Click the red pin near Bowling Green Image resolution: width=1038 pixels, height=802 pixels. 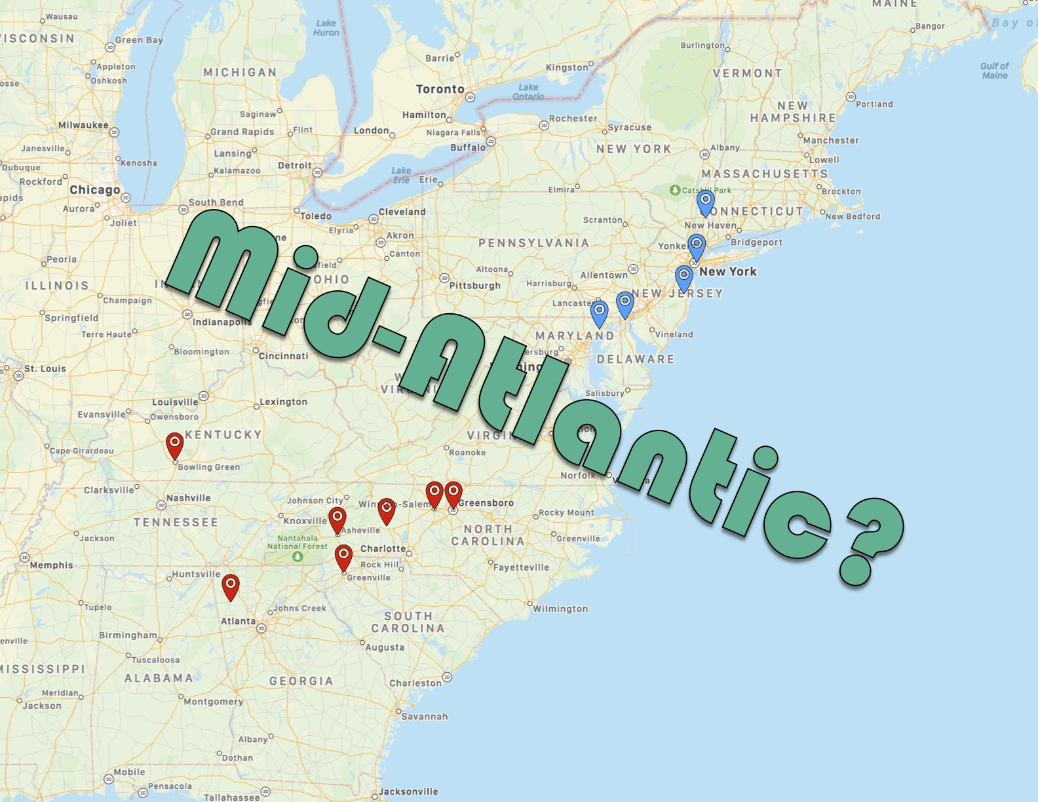[174, 444]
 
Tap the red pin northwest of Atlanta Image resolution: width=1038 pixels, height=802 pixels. [231, 585]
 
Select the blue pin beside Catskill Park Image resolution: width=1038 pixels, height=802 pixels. [705, 202]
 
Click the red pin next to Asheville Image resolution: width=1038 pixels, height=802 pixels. [337, 518]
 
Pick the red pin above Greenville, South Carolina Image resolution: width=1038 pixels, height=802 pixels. [343, 556]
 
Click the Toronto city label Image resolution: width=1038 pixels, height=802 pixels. [440, 89]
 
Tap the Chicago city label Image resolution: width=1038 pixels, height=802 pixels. [95, 190]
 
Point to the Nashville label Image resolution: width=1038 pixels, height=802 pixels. [189, 498]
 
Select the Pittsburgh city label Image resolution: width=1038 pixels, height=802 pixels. [474, 286]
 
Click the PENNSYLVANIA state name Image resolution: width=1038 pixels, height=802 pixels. [533, 243]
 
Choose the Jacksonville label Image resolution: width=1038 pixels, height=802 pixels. [408, 792]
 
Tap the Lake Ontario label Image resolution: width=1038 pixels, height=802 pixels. [528, 92]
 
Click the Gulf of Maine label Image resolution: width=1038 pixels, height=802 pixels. [994, 71]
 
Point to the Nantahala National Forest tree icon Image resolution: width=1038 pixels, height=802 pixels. [298, 557]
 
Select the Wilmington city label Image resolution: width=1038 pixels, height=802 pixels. [560, 609]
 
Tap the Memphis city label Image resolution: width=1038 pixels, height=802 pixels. [51, 565]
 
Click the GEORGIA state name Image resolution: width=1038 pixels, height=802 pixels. [301, 681]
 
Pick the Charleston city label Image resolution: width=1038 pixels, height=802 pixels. [415, 683]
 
